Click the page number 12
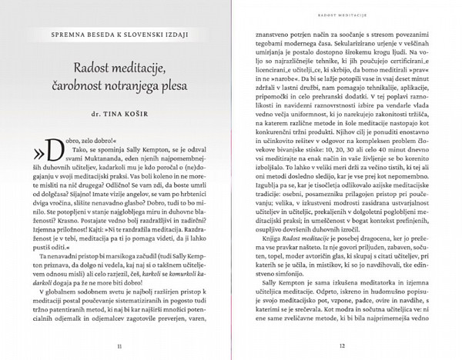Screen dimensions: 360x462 343,345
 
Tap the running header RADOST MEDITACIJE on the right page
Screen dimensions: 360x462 343,14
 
